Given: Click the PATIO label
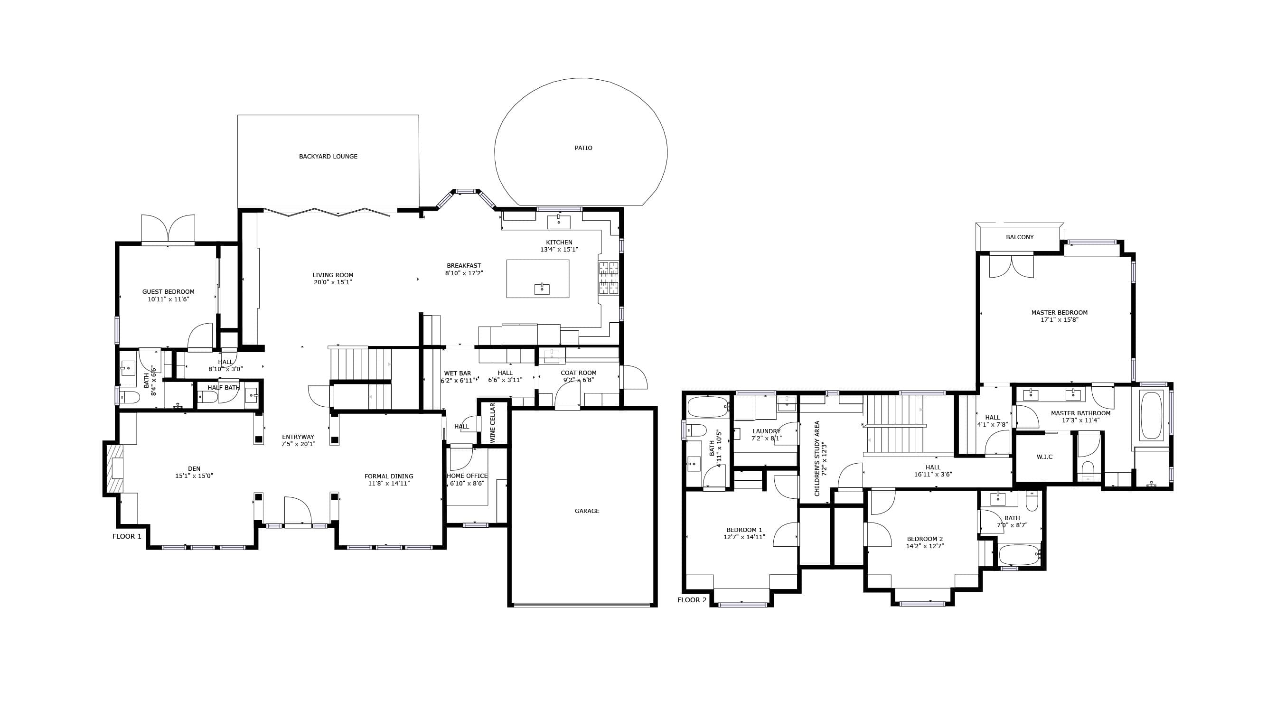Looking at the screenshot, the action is pos(583,148).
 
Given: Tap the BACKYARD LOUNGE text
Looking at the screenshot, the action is pos(328,157).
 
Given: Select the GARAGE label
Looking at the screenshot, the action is pos(587,511).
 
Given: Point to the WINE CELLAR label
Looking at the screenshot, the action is pos(492,422).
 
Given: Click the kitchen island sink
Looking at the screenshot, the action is pos(542,288).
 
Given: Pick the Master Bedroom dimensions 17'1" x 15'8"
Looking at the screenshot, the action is pos(1060,320).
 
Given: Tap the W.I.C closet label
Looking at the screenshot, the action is pos(1045,457).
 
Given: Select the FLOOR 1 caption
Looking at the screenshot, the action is pos(127,536).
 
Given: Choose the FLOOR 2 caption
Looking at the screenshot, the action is pos(692,600).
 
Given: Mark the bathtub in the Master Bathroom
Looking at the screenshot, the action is pos(1152,415).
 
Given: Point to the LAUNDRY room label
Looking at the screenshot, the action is pos(766,431).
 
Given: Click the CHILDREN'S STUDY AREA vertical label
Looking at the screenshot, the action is pos(817,458).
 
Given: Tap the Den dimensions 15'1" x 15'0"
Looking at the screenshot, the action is pos(194,476).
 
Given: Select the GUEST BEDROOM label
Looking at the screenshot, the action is pos(169,292).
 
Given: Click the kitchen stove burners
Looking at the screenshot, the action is pos(609,278).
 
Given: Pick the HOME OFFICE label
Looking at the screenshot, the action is pos(467,476).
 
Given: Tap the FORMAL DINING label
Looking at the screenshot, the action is pos(389,476).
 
